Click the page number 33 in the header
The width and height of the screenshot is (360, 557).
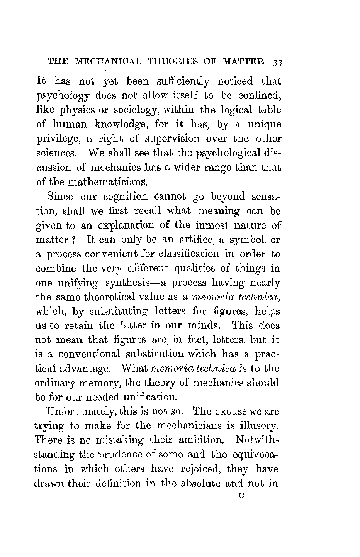pyautogui.click(x=278, y=63)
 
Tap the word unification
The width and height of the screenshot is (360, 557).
pyautogui.click(x=146, y=397)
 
